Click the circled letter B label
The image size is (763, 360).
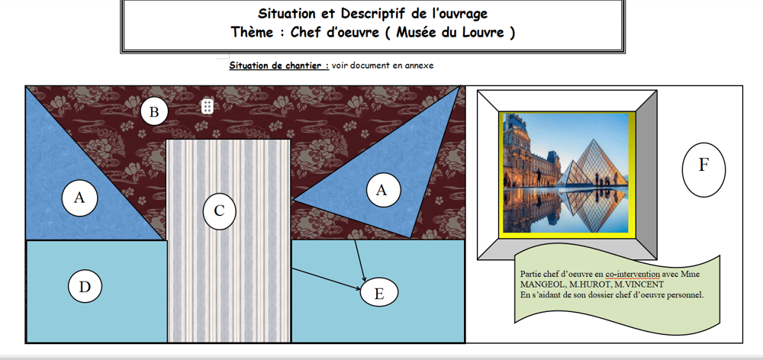[154, 112]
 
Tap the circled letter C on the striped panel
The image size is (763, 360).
[220, 211]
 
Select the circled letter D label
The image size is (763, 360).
[85, 287]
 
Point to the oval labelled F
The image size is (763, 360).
[703, 169]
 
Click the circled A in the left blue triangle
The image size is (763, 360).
[80, 198]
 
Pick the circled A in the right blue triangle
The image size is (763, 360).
[383, 190]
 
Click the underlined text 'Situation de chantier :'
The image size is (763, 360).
[278, 65]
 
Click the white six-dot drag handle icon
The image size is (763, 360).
[208, 107]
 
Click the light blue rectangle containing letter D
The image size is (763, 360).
[96, 291]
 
